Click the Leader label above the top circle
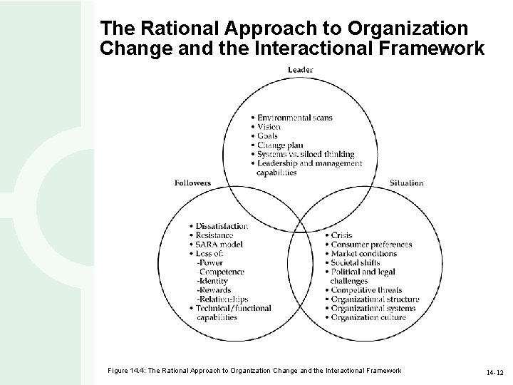coord(300,70)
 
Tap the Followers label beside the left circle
coord(192,183)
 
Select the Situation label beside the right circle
coord(406,183)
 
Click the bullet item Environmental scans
coord(294,118)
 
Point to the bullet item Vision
coord(269,127)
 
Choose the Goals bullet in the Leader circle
coord(269,136)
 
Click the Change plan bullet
coord(280,145)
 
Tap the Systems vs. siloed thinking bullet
coord(306,155)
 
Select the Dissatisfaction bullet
coord(222,226)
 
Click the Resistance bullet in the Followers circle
coord(214,235)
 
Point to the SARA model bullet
coord(219,245)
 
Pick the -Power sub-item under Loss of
coord(209,262)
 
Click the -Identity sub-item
coord(212,281)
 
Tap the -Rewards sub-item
coord(213,290)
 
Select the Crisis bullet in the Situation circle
coord(341,235)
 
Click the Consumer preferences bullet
coord(370,245)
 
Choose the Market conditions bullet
coord(363,254)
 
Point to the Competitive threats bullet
coord(366,290)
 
